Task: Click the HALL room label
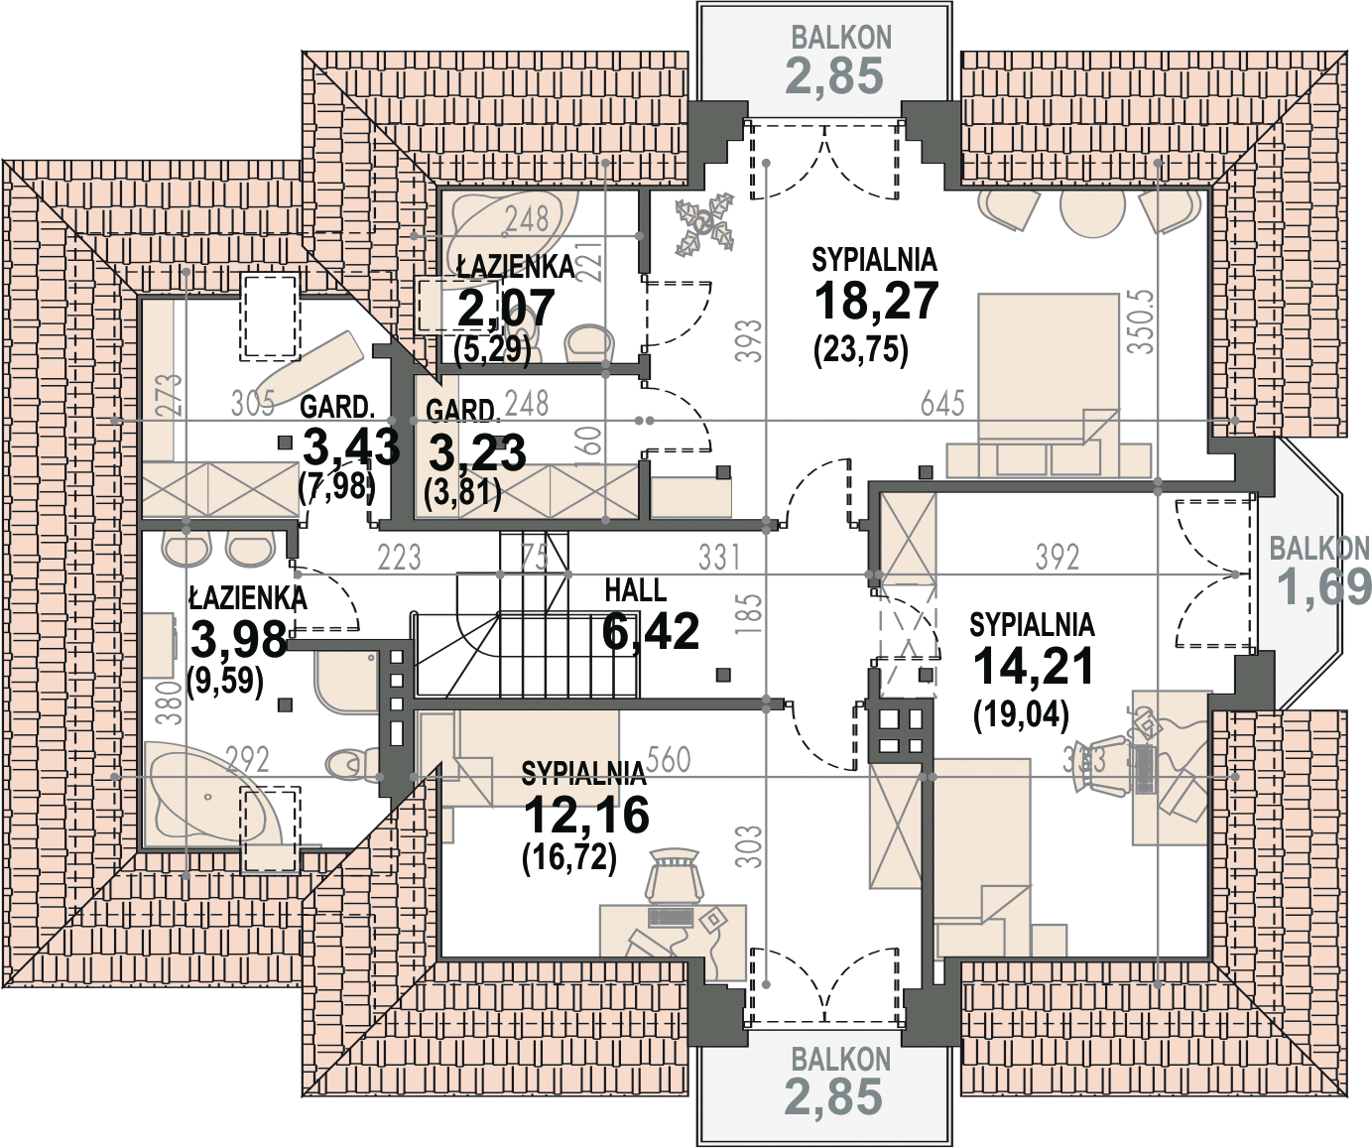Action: point(635,591)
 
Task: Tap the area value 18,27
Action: point(875,300)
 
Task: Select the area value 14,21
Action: point(1033,666)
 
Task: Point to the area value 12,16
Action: point(585,815)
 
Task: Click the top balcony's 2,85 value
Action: point(834,76)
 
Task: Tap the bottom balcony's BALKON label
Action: point(840,1060)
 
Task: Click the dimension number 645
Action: point(941,403)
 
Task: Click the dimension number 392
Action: point(1057,558)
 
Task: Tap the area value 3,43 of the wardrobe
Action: point(350,447)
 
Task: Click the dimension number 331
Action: point(718,558)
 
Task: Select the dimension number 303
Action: point(753,846)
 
